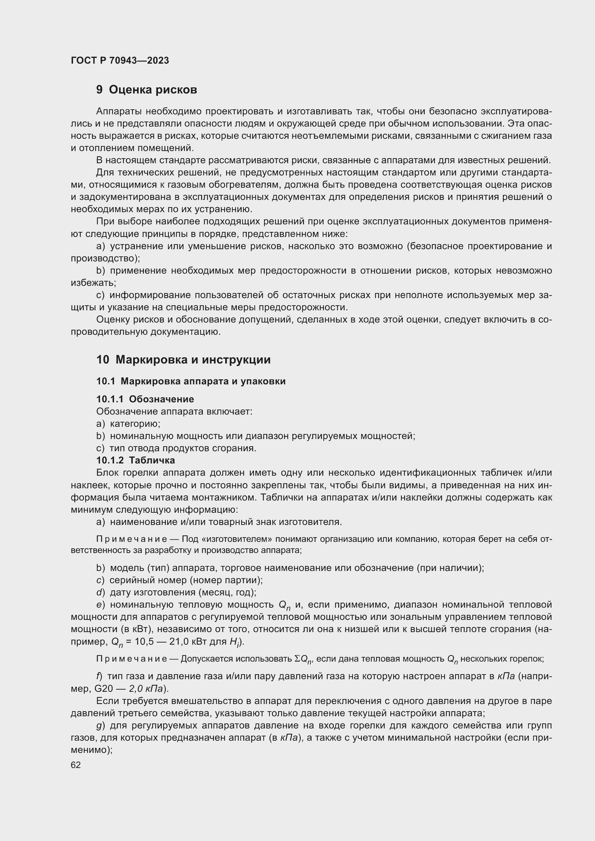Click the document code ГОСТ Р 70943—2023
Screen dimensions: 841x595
tap(120, 60)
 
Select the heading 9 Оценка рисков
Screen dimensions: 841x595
tap(146, 90)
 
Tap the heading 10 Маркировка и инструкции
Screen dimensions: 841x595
tap(183, 360)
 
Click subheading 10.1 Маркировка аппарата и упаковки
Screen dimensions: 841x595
tap(191, 381)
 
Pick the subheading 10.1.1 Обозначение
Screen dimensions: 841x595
tap(145, 399)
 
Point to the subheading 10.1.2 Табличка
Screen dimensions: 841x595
tap(136, 460)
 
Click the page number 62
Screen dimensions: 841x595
tap(76, 765)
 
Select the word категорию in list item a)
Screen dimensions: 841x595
tap(135, 424)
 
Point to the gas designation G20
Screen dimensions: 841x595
tap(104, 689)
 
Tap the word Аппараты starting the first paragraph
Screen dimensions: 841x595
tap(119, 111)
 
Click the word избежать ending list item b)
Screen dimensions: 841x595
tap(93, 283)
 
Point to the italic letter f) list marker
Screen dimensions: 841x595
tap(100, 676)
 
